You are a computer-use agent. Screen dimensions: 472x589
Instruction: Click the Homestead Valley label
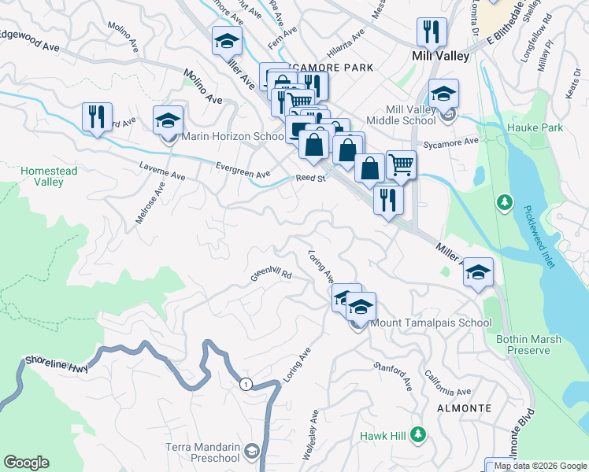click(x=43, y=176)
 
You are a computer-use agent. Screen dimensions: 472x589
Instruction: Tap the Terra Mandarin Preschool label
click(x=202, y=452)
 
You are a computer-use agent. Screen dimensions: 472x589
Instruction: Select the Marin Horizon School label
click(x=233, y=136)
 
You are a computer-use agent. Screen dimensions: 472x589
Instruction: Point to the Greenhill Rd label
click(x=272, y=276)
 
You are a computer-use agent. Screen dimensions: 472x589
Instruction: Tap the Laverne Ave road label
click(x=161, y=171)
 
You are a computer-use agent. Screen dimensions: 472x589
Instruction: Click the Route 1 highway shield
click(x=246, y=383)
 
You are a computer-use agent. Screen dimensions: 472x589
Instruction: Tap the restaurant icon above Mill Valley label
click(x=432, y=32)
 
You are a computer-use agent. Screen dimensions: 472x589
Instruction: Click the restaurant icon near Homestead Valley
click(x=97, y=117)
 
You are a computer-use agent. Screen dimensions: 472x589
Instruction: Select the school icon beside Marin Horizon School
click(x=168, y=120)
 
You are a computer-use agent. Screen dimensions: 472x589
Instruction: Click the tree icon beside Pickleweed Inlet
click(x=504, y=204)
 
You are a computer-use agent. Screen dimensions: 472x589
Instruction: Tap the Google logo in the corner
click(x=27, y=463)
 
